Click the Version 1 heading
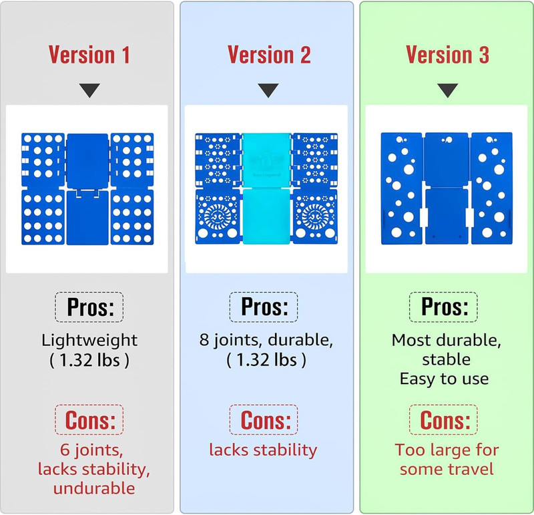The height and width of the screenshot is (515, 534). (89, 55)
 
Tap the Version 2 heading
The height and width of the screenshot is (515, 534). (269, 55)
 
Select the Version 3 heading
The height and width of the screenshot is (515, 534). (447, 55)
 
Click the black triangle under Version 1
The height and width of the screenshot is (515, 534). (89, 90)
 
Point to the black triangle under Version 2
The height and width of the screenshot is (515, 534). (268, 90)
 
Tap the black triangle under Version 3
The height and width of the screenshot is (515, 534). (447, 90)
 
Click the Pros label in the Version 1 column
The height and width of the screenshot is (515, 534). (90, 307)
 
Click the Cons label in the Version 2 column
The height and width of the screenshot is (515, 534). (266, 420)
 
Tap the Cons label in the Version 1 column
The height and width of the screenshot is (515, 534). (90, 420)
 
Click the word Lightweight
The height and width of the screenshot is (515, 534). (89, 340)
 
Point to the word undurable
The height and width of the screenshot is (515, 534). (94, 488)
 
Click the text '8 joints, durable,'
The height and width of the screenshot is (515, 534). (266, 340)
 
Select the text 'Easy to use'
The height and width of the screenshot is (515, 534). (444, 379)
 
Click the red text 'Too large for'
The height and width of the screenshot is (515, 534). (447, 450)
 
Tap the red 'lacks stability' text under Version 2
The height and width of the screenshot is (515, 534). (263, 450)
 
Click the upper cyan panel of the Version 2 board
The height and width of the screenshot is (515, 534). (266, 160)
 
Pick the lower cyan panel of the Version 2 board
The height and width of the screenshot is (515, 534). (266, 216)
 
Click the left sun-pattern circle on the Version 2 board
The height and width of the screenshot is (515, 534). (218, 214)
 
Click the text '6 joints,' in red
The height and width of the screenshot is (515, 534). (91, 450)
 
